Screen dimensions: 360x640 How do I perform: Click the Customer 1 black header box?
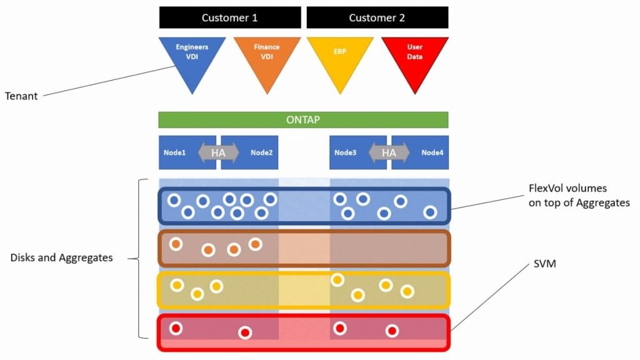tap(229, 17)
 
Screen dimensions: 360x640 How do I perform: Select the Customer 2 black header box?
tap(377, 17)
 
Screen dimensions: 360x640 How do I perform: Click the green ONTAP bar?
tap(303, 120)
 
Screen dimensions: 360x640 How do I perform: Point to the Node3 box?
tap(346, 152)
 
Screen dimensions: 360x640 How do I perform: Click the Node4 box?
tap(432, 152)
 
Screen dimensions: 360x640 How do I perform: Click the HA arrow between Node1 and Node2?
tap(218, 152)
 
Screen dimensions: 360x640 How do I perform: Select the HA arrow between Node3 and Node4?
tap(389, 152)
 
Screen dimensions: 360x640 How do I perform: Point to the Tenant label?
tap(21, 96)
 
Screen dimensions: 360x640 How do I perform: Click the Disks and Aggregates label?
tap(61, 257)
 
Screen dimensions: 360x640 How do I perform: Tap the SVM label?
tap(542, 264)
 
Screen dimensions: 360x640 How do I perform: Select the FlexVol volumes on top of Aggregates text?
tap(579, 195)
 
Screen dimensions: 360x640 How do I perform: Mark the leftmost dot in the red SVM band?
tap(176, 328)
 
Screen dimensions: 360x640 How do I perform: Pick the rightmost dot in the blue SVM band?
tap(430, 212)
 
